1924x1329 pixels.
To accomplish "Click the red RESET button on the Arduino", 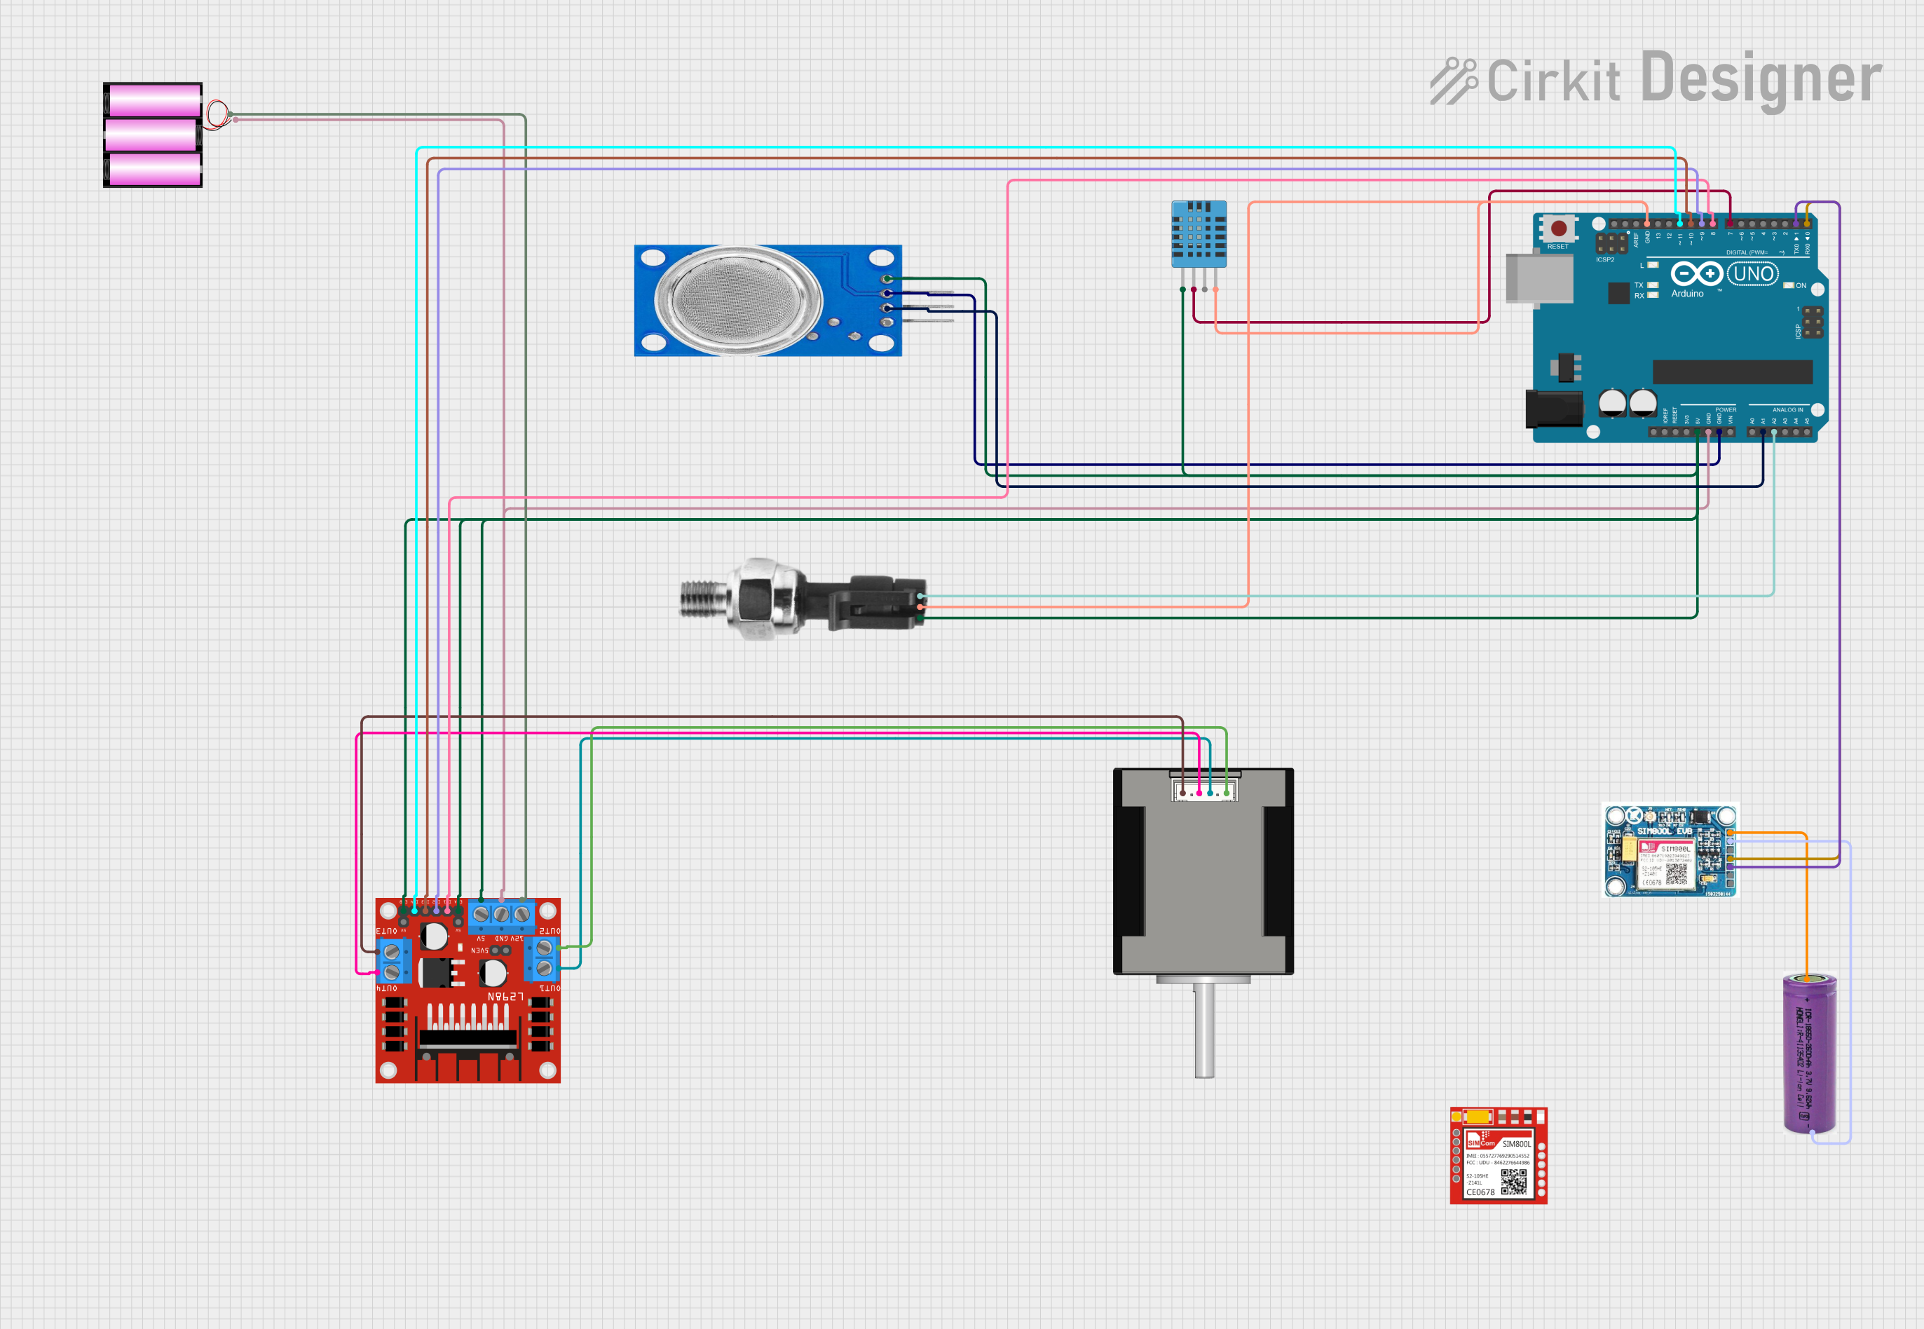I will [x=1559, y=229].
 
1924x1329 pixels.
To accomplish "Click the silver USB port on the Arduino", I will [x=1538, y=278].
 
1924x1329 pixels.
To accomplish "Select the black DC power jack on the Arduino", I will [x=1553, y=408].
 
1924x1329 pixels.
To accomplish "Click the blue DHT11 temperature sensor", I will [x=1199, y=233].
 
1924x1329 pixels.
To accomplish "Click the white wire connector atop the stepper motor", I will [x=1204, y=789].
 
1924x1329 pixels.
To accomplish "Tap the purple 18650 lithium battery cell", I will [x=1809, y=1054].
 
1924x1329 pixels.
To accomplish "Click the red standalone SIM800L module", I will [x=1498, y=1156].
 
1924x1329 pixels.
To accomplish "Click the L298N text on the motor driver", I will [x=505, y=997].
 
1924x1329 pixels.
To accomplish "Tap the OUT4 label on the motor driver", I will [x=387, y=988].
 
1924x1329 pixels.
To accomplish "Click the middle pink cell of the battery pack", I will [x=152, y=135].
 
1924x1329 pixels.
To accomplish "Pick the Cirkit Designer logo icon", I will [x=1453, y=81].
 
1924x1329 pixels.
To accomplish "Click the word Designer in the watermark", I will [x=1761, y=79].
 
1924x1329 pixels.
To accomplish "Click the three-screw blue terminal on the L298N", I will [x=501, y=914].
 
